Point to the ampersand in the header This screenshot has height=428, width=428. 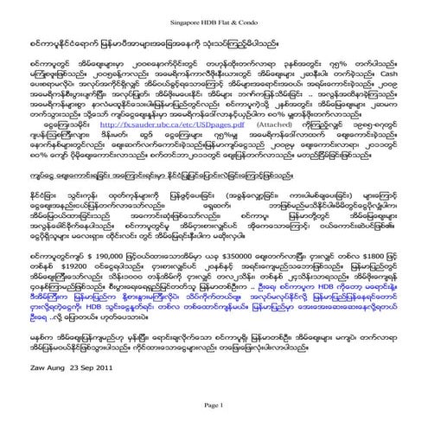(233, 7)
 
